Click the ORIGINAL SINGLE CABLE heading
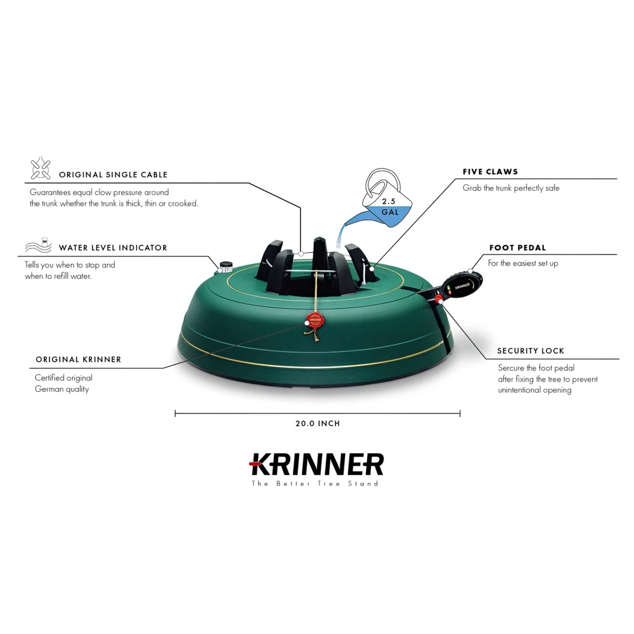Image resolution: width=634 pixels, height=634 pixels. tap(113, 175)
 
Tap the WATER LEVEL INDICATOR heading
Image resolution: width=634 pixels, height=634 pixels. tap(113, 248)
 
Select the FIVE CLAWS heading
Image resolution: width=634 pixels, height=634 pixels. tap(491, 171)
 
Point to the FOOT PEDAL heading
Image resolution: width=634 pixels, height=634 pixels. tap(517, 247)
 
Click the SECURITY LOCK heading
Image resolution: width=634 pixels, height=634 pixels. tap(531, 351)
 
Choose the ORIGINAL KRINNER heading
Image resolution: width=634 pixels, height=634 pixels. tap(79, 359)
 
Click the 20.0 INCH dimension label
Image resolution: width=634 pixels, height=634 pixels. tap(318, 424)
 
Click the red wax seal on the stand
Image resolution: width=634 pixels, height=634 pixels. tap(315, 320)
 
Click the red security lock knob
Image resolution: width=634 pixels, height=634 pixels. tap(439, 299)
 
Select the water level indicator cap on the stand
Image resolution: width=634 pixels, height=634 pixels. tap(226, 266)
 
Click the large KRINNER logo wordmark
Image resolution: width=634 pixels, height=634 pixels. tap(316, 464)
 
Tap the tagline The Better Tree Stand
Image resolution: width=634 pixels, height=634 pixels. tap(315, 484)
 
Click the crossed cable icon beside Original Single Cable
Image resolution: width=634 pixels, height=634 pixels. tap(41, 168)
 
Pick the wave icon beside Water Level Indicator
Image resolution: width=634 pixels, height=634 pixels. tap(39, 245)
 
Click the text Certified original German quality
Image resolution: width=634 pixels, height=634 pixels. tap(63, 384)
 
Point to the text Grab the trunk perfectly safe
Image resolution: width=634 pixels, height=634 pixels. tap(511, 188)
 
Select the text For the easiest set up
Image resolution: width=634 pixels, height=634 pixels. tap(523, 263)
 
